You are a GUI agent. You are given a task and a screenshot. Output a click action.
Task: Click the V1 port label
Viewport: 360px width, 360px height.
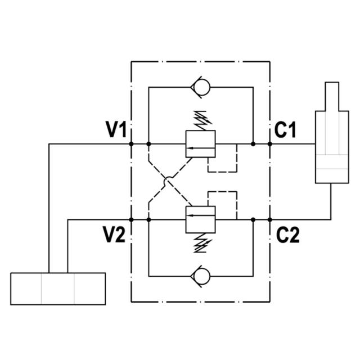(116, 130)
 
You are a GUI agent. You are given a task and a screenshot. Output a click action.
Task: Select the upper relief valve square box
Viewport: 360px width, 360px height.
(201, 144)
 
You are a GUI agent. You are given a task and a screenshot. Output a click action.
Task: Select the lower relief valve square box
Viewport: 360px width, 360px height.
(201, 219)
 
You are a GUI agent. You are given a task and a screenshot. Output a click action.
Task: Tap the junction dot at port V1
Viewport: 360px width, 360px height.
(131, 144)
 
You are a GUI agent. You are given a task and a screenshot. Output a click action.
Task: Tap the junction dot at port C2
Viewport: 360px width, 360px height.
(270, 220)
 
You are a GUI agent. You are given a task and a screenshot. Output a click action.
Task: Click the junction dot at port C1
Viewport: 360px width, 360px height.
(270, 144)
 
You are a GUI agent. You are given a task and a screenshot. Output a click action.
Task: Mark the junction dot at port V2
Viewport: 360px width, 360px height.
(131, 220)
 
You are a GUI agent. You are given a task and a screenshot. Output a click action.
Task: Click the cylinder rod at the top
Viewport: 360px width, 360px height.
(331, 96)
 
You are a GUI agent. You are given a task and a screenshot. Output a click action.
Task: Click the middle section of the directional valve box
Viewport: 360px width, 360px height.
(58, 289)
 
